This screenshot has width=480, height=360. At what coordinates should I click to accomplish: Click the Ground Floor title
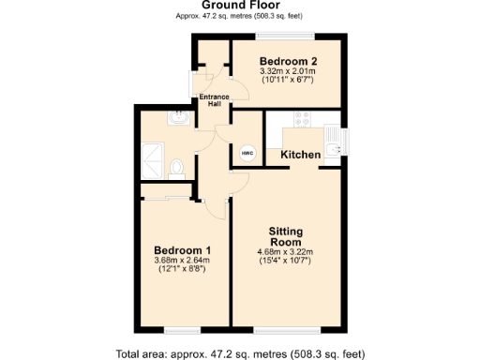pyautogui.click(x=239, y=6)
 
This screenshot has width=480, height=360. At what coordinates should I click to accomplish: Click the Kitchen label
pyautogui.click(x=301, y=154)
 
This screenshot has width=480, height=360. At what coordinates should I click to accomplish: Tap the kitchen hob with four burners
pyautogui.click(x=303, y=119)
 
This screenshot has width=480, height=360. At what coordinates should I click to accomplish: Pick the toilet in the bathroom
pyautogui.click(x=176, y=168)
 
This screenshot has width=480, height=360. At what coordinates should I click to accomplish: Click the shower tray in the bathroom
pyautogui.click(x=151, y=158)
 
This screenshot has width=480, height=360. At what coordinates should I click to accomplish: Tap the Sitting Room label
pyautogui.click(x=285, y=236)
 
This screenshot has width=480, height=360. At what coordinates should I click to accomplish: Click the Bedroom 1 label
pyautogui.click(x=182, y=251)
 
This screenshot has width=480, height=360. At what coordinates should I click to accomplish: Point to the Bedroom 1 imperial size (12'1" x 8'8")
pyautogui.click(x=182, y=270)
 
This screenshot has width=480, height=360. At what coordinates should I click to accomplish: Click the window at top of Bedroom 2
pyautogui.click(x=287, y=37)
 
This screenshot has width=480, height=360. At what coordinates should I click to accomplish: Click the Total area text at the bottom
pyautogui.click(x=240, y=353)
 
